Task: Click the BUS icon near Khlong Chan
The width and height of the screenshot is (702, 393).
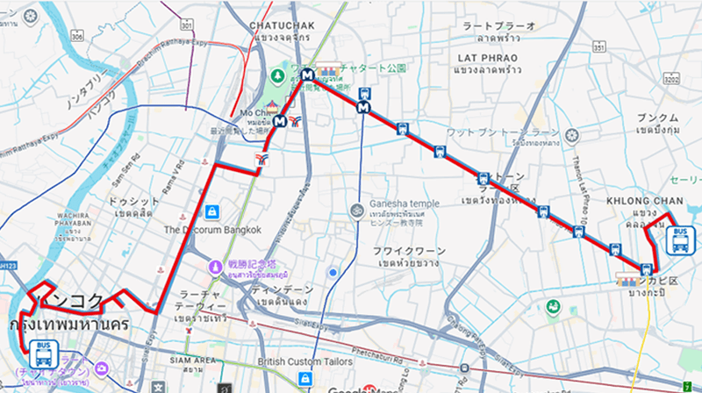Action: click(x=680, y=239)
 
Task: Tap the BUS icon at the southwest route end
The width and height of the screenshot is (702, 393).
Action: click(x=41, y=354)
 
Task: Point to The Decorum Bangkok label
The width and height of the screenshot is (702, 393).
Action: click(x=212, y=230)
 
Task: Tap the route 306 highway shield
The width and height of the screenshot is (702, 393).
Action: click(x=77, y=37)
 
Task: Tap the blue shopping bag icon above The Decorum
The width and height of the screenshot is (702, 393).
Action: click(x=212, y=211)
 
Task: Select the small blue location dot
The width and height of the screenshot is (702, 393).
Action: click(x=333, y=273)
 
